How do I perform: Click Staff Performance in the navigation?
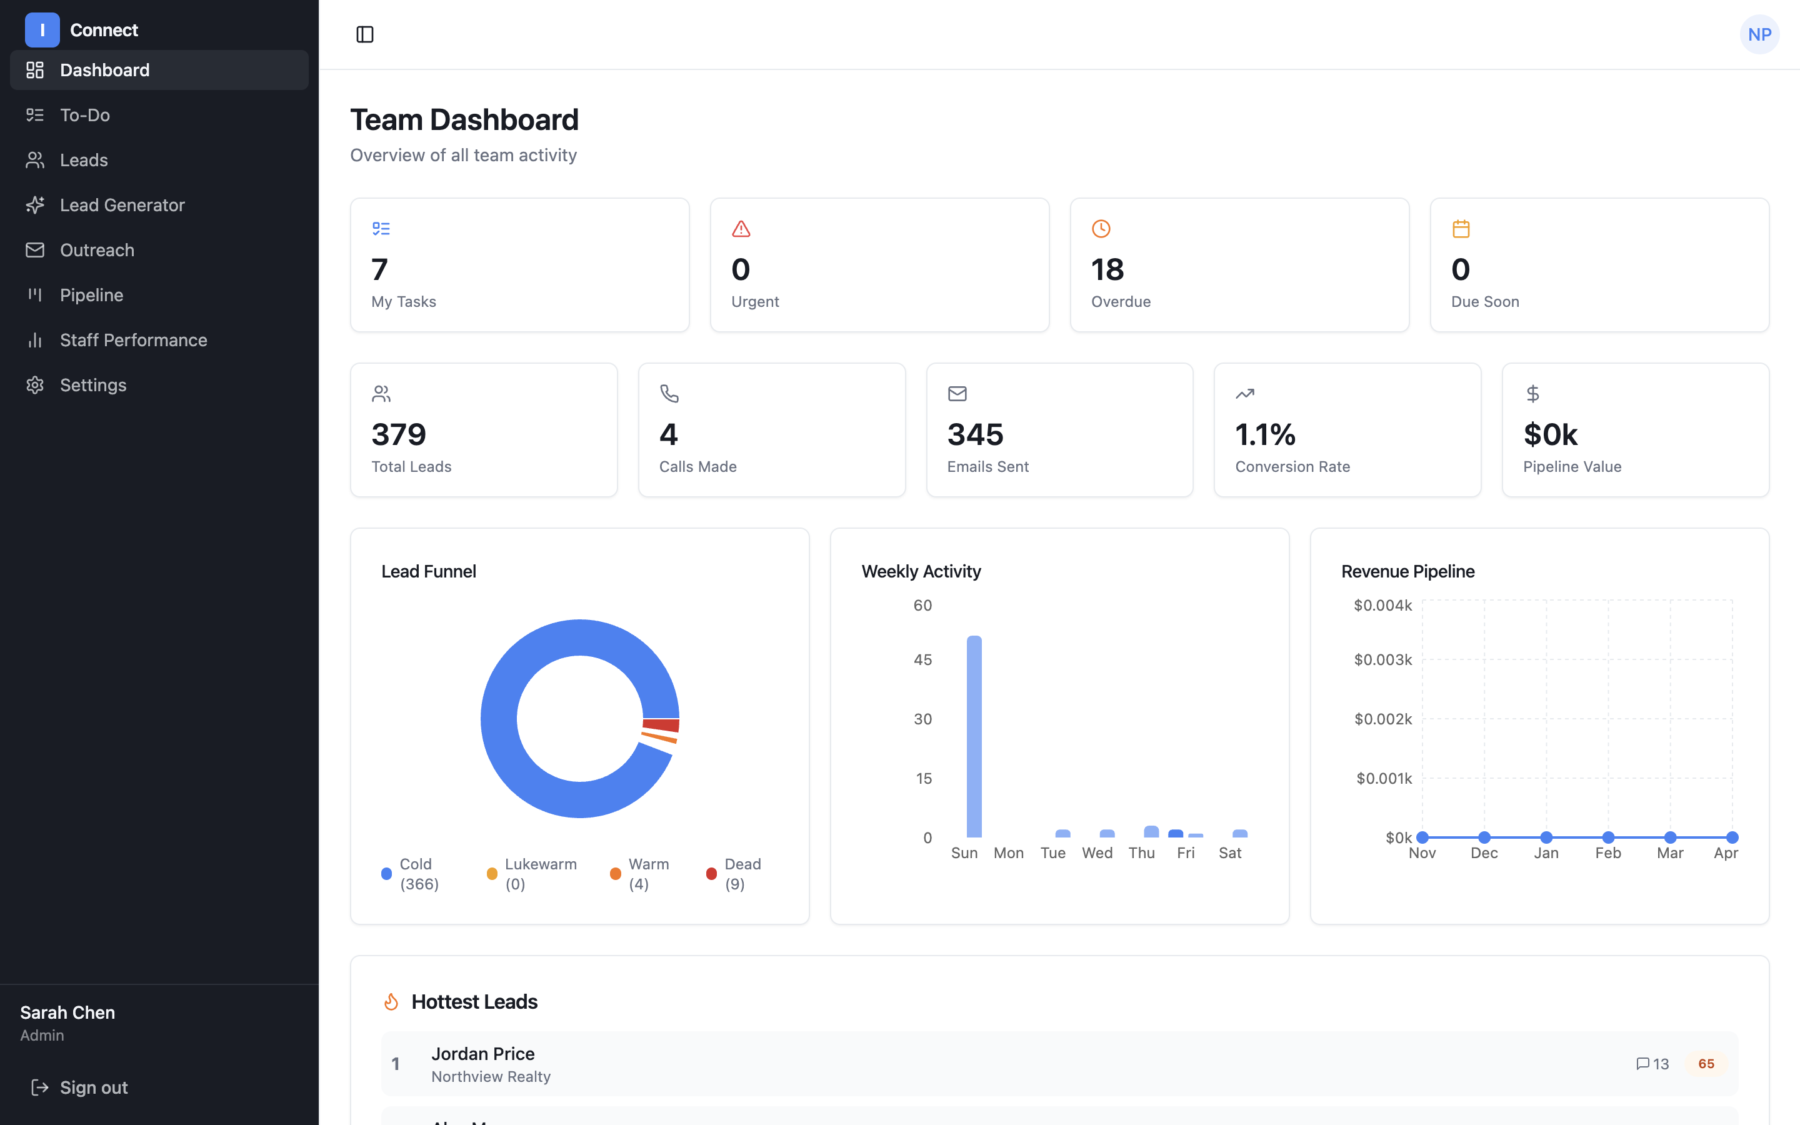click(133, 340)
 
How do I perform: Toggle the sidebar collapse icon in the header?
click(364, 34)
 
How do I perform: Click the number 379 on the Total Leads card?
click(399, 434)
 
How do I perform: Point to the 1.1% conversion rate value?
click(1265, 434)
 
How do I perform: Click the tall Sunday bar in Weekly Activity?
click(974, 737)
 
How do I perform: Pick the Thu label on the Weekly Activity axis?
click(1141, 852)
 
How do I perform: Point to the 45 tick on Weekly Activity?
click(922, 660)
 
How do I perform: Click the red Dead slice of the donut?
click(661, 725)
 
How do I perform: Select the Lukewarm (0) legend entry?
click(532, 874)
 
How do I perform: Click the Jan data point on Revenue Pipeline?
click(1546, 837)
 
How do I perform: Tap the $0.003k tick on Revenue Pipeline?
click(1382, 660)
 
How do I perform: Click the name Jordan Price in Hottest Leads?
click(482, 1054)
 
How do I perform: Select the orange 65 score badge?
click(1706, 1063)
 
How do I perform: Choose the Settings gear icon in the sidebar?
click(35, 384)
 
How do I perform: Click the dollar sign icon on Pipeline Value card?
click(1532, 393)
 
